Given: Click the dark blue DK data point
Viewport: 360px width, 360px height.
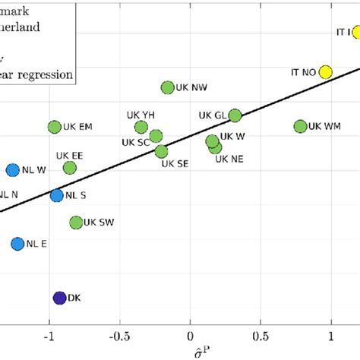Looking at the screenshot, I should pos(60,298).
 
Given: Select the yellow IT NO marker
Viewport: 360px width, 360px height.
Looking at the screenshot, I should pos(325,72).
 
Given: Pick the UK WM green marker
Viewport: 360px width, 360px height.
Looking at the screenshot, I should pos(301,126).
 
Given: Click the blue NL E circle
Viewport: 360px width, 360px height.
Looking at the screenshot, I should pos(17,244).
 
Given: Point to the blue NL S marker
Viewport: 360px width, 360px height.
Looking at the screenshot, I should pos(57,195).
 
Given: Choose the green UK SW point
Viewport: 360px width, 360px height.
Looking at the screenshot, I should pos(76,223).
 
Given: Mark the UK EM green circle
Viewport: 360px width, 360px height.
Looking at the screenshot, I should pos(55,128).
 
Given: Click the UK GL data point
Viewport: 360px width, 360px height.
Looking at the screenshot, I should pos(235,115).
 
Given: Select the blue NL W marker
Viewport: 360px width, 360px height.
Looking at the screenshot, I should pos(13,170).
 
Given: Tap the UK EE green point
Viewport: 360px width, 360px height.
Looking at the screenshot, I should pos(70,167).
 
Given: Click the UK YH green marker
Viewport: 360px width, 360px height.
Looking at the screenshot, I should pos(141,127).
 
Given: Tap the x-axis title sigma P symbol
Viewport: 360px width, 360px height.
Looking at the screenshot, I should pos(191,352).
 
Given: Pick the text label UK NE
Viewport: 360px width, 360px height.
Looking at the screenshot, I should pos(229,159).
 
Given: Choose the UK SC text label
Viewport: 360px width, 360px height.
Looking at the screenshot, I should pos(135,141).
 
